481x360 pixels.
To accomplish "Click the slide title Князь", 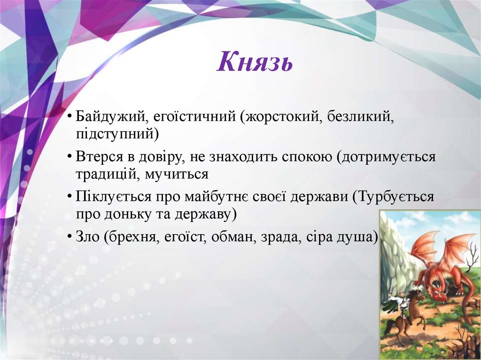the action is pyautogui.click(x=255, y=62).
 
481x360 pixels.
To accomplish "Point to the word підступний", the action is pyautogui.click(x=117, y=135).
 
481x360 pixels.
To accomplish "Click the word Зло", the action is pyautogui.click(x=87, y=237).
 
